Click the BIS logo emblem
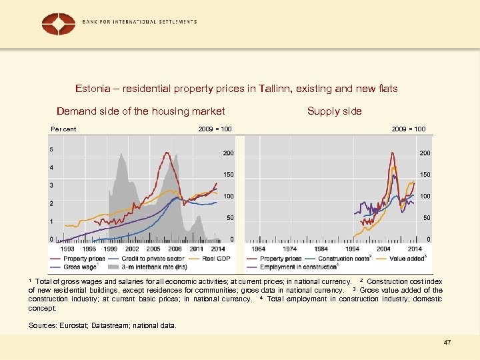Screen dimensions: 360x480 click(59, 23)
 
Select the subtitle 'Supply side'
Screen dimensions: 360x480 click(334, 111)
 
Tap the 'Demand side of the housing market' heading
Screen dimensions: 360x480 click(141, 111)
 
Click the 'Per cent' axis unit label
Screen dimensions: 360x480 click(64, 129)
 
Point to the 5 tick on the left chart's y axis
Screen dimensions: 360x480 click(52, 150)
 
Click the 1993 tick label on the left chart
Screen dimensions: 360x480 click(68, 249)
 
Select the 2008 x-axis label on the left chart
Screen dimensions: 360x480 click(175, 249)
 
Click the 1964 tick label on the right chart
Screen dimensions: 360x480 click(258, 249)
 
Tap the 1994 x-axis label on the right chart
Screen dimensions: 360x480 click(352, 249)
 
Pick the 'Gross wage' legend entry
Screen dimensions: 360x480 click(80, 267)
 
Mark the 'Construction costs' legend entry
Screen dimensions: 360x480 click(344, 259)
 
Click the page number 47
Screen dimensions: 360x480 click(447, 342)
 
